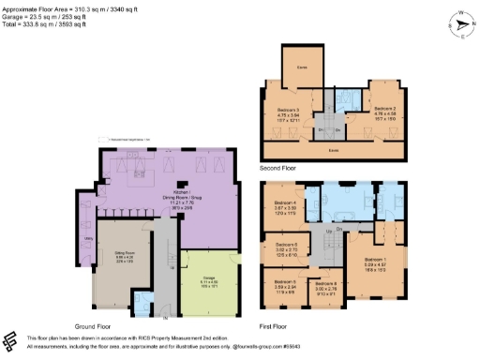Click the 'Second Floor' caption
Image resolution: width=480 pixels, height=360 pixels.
tap(280, 168)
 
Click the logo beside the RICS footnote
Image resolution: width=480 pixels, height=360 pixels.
tap(9, 340)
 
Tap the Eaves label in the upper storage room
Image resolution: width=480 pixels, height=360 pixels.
tap(302, 67)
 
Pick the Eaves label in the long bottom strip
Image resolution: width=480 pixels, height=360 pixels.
tap(333, 148)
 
